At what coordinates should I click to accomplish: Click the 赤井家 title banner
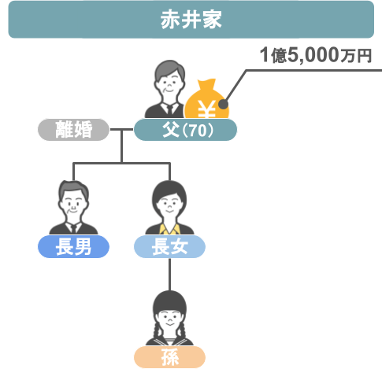click(x=191, y=20)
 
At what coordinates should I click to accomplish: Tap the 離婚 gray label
click(x=73, y=130)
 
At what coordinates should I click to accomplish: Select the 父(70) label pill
click(x=185, y=130)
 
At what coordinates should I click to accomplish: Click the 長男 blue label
click(x=73, y=246)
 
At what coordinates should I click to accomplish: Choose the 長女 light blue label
click(x=169, y=246)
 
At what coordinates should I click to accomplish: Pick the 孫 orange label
click(x=169, y=357)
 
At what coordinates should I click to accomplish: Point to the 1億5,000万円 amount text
click(x=316, y=55)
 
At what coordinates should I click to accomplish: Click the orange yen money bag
click(x=206, y=99)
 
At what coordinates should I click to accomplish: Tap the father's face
click(x=169, y=85)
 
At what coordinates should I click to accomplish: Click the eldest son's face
click(x=73, y=205)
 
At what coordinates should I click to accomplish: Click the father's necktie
click(x=169, y=109)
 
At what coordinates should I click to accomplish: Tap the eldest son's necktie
click(x=74, y=228)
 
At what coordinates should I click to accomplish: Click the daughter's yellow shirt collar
click(x=169, y=229)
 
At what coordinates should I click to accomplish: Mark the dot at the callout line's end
click(x=223, y=105)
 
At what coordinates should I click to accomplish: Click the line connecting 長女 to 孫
click(x=169, y=275)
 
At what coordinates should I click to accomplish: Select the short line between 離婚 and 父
click(x=121, y=129)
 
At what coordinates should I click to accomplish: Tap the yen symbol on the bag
click(x=206, y=109)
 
